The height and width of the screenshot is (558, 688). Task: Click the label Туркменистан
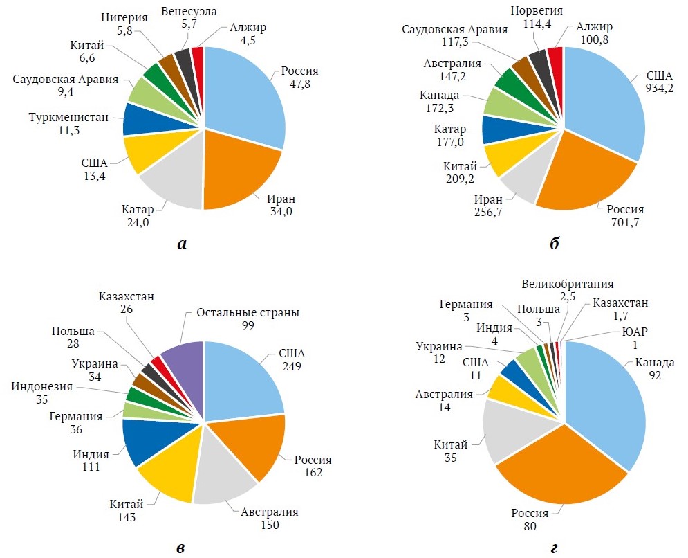69,117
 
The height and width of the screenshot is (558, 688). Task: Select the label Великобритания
567,284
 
